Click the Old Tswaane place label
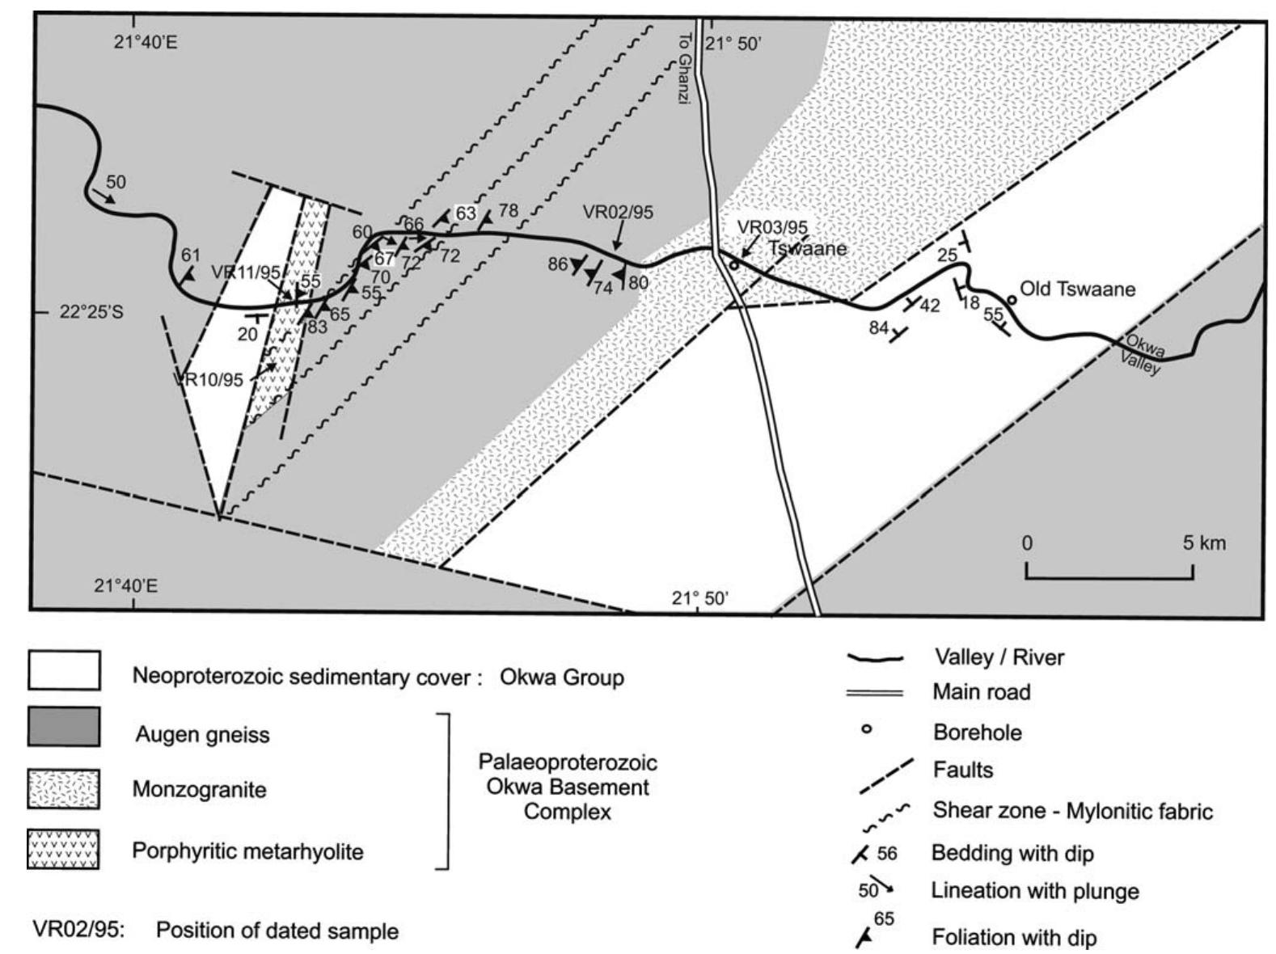(1077, 289)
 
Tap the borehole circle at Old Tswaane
(1012, 299)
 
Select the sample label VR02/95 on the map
(618, 213)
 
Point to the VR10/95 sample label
(209, 379)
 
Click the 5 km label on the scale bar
(1203, 543)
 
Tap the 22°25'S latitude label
(91, 312)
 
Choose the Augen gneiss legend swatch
(64, 727)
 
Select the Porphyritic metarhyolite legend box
(64, 849)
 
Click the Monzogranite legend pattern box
(64, 789)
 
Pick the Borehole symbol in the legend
(867, 730)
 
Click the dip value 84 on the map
(878, 328)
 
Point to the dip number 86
(558, 264)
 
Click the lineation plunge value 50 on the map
(116, 182)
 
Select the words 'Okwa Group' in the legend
(562, 677)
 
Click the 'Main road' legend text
(981, 692)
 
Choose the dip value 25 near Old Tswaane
(947, 255)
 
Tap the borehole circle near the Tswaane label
(734, 264)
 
